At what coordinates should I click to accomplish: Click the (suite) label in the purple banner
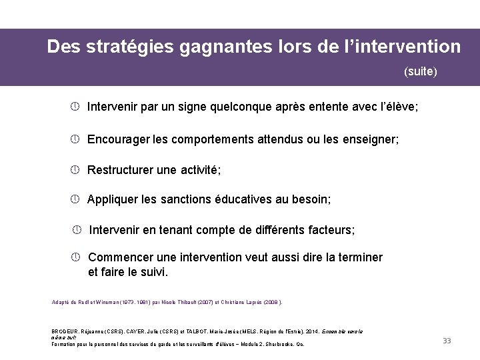coord(421,71)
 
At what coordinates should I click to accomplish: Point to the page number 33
coord(447,341)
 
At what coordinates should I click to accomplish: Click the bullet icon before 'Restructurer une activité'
coord(76,169)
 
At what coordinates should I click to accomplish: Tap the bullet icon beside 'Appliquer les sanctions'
coord(76,199)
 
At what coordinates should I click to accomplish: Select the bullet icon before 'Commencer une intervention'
coord(76,257)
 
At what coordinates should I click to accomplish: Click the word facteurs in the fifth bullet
coord(329,230)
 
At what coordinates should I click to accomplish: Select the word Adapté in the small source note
coord(61,302)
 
